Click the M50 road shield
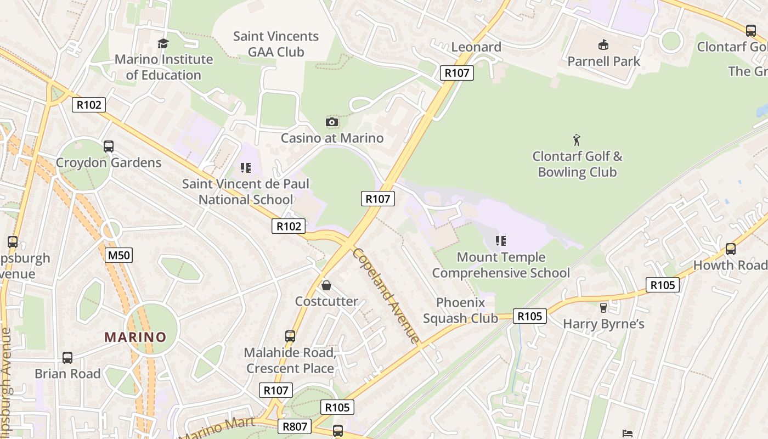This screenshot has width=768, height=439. click(119, 255)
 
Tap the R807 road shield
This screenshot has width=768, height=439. click(295, 426)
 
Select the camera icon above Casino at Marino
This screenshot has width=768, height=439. click(332, 122)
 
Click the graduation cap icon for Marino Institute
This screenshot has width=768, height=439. click(163, 43)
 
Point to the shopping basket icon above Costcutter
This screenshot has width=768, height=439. click(326, 285)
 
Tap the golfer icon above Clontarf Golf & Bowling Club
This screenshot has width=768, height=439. click(577, 140)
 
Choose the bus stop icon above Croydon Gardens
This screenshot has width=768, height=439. click(109, 147)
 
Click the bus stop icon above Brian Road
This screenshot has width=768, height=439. click(67, 358)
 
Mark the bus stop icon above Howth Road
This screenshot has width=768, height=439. click(730, 249)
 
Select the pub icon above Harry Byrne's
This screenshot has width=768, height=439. click(603, 308)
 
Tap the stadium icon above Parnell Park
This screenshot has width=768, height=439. click(603, 45)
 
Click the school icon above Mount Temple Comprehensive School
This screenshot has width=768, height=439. click(500, 241)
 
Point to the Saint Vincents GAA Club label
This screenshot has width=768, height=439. click(276, 44)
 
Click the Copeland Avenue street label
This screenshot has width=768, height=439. click(386, 295)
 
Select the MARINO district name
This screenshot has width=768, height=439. click(135, 337)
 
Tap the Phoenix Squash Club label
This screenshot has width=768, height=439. click(461, 310)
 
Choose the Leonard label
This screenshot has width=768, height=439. click(476, 47)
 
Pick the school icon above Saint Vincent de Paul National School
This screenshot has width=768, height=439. click(245, 168)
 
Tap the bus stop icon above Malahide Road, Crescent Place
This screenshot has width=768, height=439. click(290, 336)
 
